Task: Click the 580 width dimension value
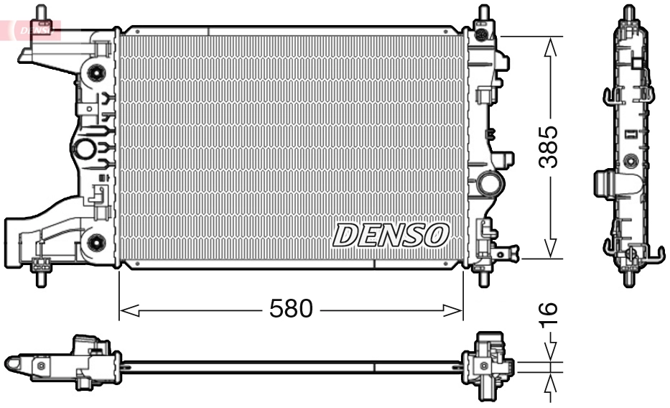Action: (x=291, y=310)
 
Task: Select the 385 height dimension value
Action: (x=549, y=147)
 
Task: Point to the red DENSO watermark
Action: (x=32, y=29)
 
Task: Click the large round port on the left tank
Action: (x=84, y=150)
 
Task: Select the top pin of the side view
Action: (x=629, y=13)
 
